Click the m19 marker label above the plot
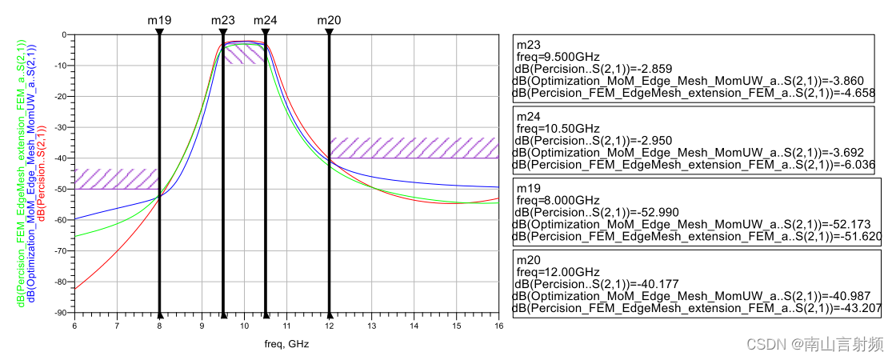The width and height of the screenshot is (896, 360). click(159, 19)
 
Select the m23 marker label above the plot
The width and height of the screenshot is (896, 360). click(223, 19)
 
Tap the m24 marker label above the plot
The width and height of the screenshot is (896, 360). click(266, 19)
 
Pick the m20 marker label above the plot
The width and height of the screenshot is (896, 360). click(329, 19)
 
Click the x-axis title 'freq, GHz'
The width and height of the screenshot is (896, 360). click(286, 343)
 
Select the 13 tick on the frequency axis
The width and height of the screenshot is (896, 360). click(371, 326)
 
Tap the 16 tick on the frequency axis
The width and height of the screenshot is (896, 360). click(498, 326)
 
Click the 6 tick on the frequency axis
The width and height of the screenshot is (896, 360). click(74, 326)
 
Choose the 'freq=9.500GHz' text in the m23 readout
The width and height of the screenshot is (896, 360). click(558, 58)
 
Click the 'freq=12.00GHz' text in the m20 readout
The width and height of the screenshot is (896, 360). click(558, 272)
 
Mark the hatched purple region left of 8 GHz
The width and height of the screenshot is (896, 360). click(117, 178)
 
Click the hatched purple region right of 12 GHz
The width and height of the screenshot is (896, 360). click(414, 147)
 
